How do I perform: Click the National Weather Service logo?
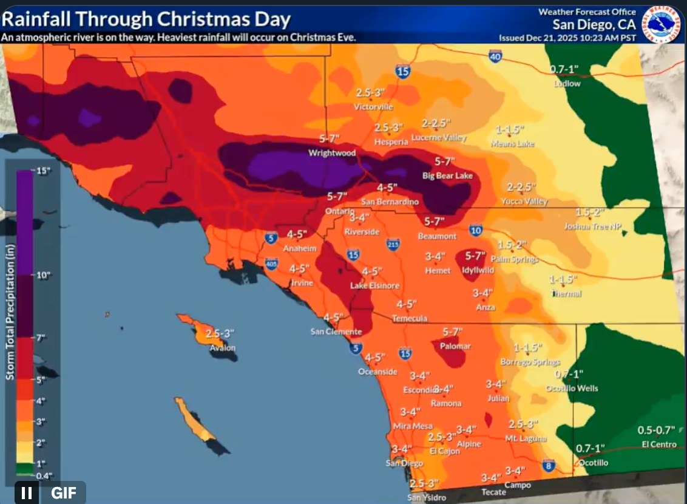(x=662, y=24)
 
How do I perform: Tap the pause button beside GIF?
(x=27, y=492)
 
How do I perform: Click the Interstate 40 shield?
(x=495, y=56)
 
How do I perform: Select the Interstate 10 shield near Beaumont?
(x=475, y=230)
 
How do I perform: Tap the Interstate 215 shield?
(x=393, y=244)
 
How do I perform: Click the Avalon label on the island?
(x=223, y=348)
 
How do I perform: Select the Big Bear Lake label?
(x=447, y=176)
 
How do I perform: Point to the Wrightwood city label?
(x=332, y=153)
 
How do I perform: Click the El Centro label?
(x=659, y=444)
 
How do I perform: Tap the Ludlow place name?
(x=567, y=84)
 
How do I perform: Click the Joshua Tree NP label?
(x=592, y=226)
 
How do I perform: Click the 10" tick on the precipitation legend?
(x=29, y=275)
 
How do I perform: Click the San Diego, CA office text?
(x=594, y=24)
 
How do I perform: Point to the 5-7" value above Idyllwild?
(x=475, y=256)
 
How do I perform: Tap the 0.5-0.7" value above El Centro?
(x=656, y=430)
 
